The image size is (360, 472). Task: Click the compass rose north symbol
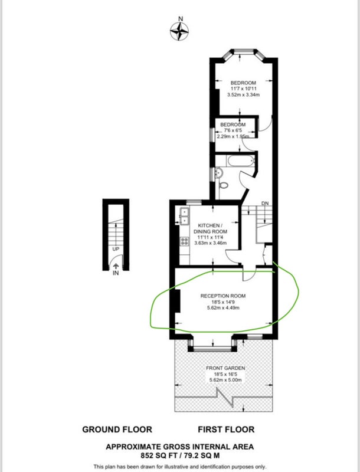coord(179,31)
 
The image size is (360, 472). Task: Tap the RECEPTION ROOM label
coord(222,296)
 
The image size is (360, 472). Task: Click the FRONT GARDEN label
coord(225,368)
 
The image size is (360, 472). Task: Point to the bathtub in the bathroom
coord(241,160)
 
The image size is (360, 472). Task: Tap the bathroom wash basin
coord(218,173)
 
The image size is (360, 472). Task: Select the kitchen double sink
coord(184,216)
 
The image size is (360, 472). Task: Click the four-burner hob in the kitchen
coord(184,241)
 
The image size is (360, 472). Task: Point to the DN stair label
coord(265,204)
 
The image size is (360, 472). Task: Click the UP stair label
coord(116,249)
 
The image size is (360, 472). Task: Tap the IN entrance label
coord(116,273)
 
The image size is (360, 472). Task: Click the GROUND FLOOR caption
coord(117,430)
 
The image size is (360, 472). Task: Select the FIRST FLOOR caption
coord(226,430)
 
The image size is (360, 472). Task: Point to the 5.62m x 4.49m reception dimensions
coord(223,308)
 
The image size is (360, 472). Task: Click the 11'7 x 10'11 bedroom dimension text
coord(243,89)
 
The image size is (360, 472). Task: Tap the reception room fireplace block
coord(177,301)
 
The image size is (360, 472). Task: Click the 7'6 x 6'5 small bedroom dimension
coord(233,130)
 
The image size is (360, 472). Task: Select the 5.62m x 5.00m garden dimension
coord(225,380)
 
